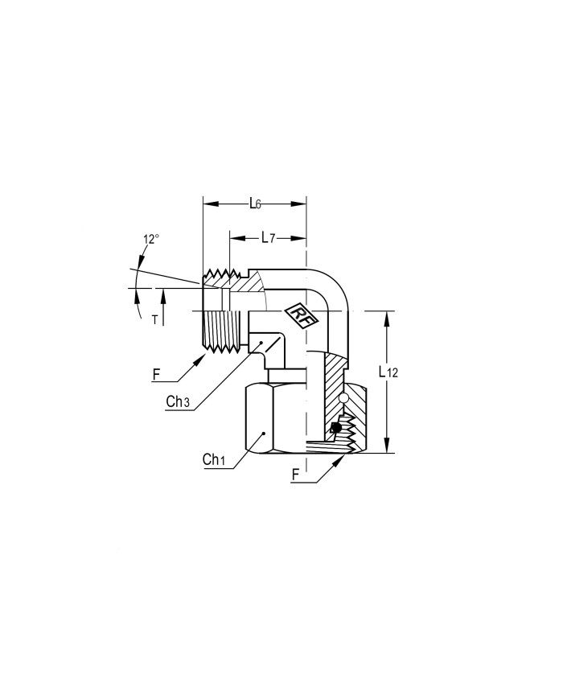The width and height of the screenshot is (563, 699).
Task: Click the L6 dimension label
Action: [255, 204]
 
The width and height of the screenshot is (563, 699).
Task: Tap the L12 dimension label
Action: [388, 372]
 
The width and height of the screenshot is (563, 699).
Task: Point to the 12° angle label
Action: [151, 239]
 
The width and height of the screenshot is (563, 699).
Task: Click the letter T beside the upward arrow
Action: [154, 319]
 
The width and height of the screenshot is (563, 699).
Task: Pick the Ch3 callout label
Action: [178, 401]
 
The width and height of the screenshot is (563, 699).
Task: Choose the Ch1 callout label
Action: [213, 459]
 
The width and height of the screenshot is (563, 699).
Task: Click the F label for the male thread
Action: [156, 375]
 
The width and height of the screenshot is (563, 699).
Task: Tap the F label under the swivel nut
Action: [295, 475]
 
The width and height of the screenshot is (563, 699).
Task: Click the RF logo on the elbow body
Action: [298, 315]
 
